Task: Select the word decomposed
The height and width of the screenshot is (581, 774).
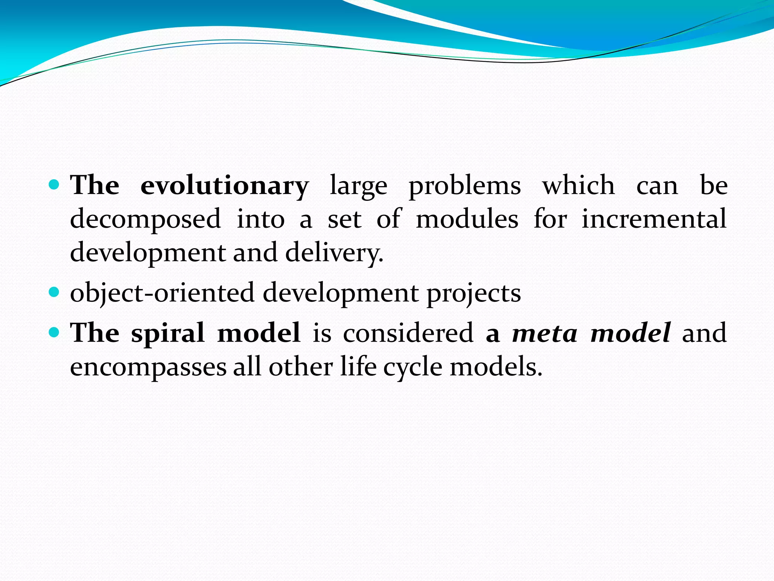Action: pyautogui.click(x=146, y=220)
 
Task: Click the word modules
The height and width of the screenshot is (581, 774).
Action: pyautogui.click(x=467, y=219)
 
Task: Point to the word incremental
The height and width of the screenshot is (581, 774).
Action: pyautogui.click(x=654, y=219)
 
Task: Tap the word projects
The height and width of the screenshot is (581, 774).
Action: pyautogui.click(x=474, y=294)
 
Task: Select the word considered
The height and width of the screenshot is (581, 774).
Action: pyautogui.click(x=408, y=333)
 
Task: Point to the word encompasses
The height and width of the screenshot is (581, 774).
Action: pyautogui.click(x=148, y=367)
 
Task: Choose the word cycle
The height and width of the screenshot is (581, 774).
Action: pyautogui.click(x=413, y=367)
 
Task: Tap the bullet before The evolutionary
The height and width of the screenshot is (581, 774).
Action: pyautogui.click(x=55, y=185)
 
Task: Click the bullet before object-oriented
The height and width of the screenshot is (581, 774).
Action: pyautogui.click(x=55, y=292)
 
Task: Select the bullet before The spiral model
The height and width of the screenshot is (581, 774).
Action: pyautogui.click(x=55, y=332)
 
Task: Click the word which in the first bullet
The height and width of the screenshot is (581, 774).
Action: pyautogui.click(x=579, y=185)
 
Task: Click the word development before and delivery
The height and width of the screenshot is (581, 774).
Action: pyautogui.click(x=148, y=253)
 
